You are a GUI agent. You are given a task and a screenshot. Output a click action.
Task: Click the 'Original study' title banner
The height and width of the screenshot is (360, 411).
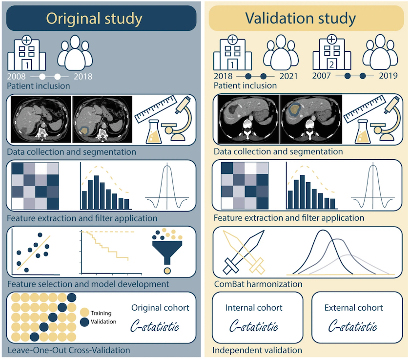[101, 19]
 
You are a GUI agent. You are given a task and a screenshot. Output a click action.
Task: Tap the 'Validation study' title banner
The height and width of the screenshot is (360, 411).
[306, 18]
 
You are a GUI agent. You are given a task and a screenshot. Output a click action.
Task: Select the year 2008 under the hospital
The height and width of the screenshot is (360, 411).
[16, 77]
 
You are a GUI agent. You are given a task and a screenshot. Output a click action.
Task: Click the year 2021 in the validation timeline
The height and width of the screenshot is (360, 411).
[288, 76]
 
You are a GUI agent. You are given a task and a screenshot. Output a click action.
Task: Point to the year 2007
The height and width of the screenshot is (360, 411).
[321, 76]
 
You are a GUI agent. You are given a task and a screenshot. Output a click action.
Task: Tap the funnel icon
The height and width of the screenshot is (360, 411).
[167, 252]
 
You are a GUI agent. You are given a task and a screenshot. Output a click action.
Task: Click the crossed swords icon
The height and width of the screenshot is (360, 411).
[244, 252]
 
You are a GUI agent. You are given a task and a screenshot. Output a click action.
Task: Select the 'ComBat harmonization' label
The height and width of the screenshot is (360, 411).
[258, 284]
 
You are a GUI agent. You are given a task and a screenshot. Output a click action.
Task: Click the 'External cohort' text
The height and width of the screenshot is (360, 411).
[353, 308]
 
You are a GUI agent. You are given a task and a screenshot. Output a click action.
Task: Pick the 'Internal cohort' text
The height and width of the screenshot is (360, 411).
[254, 308]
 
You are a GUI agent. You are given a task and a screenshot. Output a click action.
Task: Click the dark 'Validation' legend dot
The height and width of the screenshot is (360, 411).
[84, 322]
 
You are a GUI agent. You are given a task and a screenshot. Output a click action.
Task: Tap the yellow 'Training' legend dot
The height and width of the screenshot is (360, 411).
[84, 312]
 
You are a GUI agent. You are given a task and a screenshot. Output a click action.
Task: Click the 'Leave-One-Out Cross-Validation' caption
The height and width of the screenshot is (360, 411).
[69, 350]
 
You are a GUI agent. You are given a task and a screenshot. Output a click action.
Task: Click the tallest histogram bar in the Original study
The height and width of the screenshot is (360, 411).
[97, 192]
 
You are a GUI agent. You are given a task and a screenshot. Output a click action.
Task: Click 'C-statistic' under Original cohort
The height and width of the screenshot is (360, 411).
[155, 326]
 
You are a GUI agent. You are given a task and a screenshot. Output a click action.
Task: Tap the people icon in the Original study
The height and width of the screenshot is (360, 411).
[75, 53]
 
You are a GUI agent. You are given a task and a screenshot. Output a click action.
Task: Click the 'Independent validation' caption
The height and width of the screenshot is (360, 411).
[257, 350]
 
